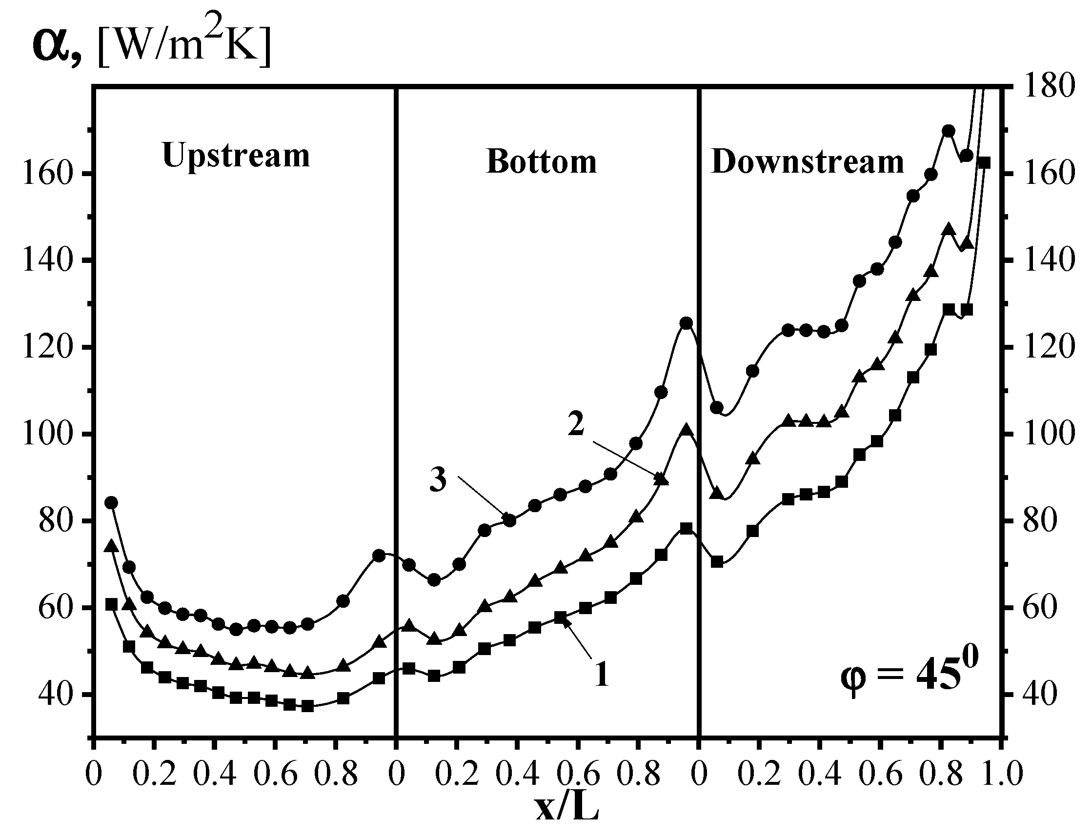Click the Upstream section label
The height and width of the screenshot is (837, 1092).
[x=236, y=156]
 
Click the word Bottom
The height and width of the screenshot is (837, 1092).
[x=541, y=162]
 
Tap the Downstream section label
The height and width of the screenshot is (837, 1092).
[x=808, y=162]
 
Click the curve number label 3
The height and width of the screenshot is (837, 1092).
[x=438, y=481]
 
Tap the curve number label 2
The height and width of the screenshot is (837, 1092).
[x=576, y=425]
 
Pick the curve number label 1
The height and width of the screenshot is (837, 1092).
[x=602, y=675]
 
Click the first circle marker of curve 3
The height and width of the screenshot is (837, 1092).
[x=111, y=502]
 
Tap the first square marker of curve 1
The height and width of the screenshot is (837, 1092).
[x=111, y=604]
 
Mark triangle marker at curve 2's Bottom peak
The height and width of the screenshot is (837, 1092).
[x=687, y=430]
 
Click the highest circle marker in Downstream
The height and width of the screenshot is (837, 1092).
[x=949, y=131]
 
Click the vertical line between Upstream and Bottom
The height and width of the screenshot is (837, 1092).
[x=396, y=399]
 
